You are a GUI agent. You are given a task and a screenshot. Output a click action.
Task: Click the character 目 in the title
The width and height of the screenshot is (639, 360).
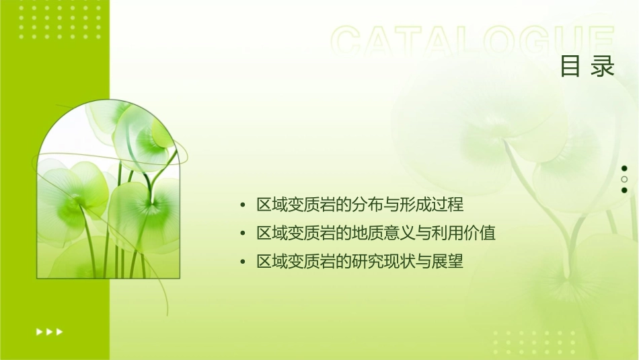pyautogui.click(x=570, y=67)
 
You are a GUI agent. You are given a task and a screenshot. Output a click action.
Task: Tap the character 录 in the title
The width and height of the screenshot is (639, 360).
pyautogui.click(x=603, y=67)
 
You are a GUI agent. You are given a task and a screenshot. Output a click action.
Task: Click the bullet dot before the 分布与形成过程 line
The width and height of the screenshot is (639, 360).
pyautogui.click(x=243, y=205)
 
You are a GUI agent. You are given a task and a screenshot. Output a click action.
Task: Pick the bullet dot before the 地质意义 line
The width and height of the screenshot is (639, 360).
pyautogui.click(x=243, y=233)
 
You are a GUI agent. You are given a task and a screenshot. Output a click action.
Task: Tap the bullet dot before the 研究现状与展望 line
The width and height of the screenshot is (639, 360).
pyautogui.click(x=243, y=262)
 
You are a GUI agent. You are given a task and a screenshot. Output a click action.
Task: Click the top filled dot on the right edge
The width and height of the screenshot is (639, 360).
pyautogui.click(x=624, y=168)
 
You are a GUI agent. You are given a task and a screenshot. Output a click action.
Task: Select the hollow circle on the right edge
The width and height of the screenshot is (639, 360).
pyautogui.click(x=624, y=179)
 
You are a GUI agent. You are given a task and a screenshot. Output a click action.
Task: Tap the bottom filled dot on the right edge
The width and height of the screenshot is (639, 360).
pyautogui.click(x=624, y=190)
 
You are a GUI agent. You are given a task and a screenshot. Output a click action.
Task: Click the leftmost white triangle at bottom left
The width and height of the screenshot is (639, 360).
pyautogui.click(x=39, y=331)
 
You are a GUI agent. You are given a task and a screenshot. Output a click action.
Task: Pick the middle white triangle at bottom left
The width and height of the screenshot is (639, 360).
pyautogui.click(x=49, y=331)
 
